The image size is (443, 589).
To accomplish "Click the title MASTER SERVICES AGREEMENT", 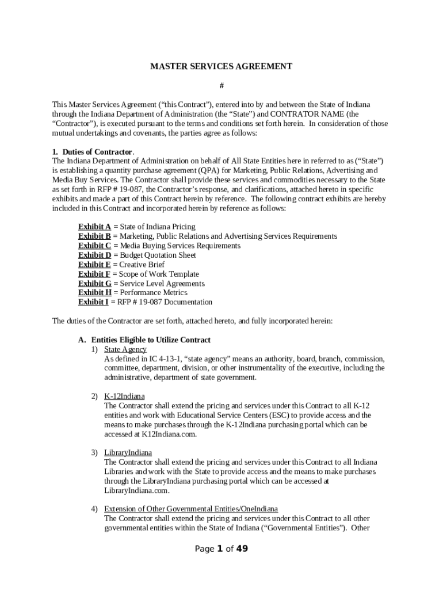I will coord(221,66).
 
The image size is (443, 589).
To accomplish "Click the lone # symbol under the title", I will coord(221,86).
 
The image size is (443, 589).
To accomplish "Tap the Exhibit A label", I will coord(94,227).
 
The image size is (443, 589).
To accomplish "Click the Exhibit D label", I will coord(94,255).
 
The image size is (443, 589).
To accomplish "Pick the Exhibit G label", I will coord(94,284).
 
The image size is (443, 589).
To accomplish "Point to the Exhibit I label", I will coord(93,302).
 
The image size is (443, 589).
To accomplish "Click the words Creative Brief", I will coord(142,265).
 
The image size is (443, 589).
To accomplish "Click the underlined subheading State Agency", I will coord(125,349).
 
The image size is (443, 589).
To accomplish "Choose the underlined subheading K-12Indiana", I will coord(124,396).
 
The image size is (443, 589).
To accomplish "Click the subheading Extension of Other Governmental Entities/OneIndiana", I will coord(190,509).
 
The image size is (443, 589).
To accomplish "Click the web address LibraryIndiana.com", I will coord(137,491).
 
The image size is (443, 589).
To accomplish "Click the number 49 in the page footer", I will coord(242,549).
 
